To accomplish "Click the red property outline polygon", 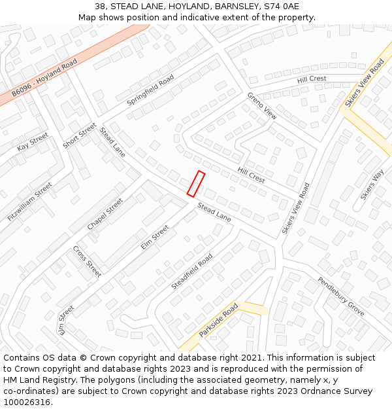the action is pos(196,184).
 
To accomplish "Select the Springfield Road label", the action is pos(150,90).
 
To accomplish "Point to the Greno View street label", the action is pos(262,105).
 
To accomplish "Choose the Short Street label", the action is pos(79,135).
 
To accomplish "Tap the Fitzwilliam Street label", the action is pos(29,202).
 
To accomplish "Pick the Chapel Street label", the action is pos(105,214).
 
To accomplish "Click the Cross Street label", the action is pos(87,261).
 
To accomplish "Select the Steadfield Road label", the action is pos(191,272).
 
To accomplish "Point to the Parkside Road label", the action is pos(218,320).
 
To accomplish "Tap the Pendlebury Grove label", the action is pos(341,296).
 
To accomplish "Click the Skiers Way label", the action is pos(372,185).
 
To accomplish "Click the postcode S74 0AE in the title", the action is pos(282,7).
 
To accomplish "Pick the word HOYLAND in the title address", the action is pos(176,7).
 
